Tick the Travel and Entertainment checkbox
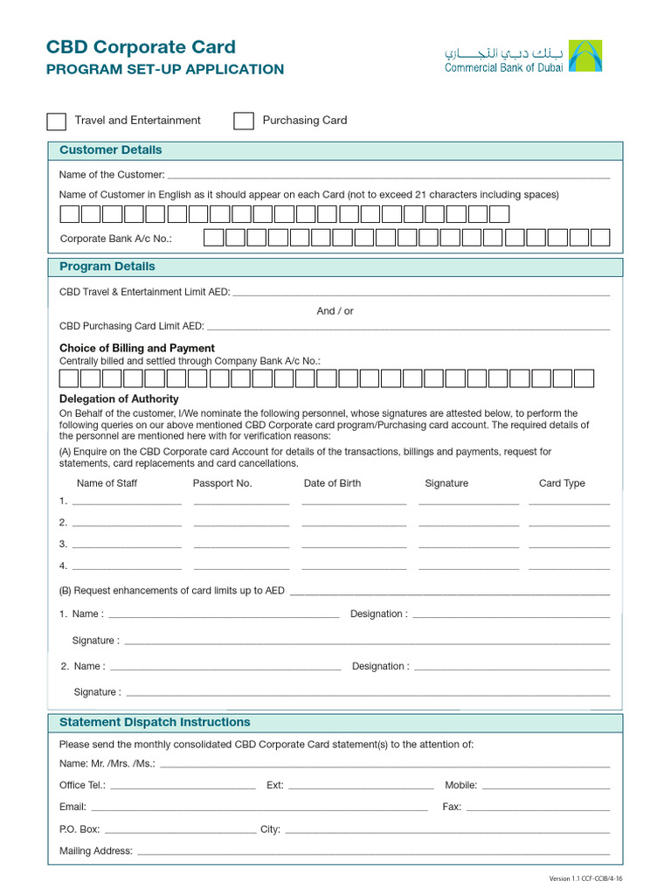[x=56, y=121]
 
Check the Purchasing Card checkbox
[x=244, y=121]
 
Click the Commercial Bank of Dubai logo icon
[x=585, y=56]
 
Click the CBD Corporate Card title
[x=141, y=47]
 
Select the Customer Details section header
[x=110, y=150]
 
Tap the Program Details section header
[x=107, y=267]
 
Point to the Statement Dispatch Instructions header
[x=154, y=723]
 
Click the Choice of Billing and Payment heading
[x=137, y=348]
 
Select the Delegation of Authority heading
[x=119, y=399]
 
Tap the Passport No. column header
[x=222, y=483]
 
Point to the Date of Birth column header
[x=332, y=483]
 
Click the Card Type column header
[x=562, y=483]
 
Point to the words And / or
[x=335, y=311]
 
